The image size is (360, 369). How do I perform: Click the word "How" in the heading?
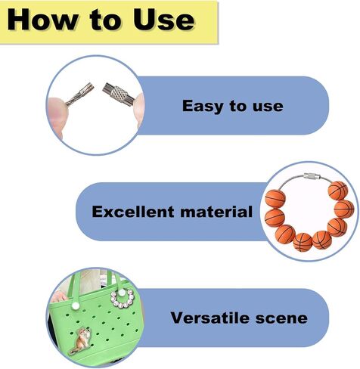point(42,20)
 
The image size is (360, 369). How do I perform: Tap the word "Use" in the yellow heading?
point(164,20)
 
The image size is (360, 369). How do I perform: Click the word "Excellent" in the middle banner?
point(133,212)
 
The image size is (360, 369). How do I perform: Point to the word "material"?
point(216,212)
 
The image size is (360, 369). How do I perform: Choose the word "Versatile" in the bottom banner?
point(210,318)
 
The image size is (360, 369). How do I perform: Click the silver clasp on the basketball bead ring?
point(312,176)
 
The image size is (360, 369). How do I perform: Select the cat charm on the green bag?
point(81,340)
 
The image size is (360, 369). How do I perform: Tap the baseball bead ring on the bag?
point(123,299)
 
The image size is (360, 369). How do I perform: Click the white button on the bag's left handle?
point(75,306)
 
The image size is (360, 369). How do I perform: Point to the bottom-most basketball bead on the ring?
point(303,242)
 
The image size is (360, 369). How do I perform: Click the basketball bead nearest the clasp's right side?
point(338,191)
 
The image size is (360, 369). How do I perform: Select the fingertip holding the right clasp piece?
point(139,107)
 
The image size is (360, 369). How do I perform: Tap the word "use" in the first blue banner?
point(268,107)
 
